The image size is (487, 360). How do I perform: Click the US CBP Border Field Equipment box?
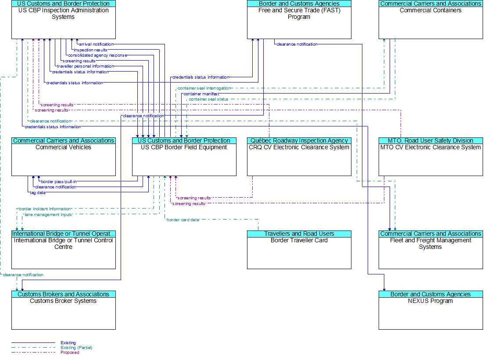pos(184,157)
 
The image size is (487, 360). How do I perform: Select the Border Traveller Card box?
pos(299,250)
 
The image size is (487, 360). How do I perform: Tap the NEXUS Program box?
pos(431,310)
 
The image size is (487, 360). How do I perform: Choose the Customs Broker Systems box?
pos(64,310)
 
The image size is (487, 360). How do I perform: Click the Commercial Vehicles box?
pos(64,157)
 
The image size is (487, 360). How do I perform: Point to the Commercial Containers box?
pos(431,20)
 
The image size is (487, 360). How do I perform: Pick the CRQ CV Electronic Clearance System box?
pos(299,157)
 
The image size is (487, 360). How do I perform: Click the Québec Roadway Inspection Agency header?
pos(299,141)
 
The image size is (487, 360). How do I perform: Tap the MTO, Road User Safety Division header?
pos(431,141)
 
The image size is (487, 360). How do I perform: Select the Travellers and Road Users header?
pos(299,234)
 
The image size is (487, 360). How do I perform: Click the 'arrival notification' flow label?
pos(96,44)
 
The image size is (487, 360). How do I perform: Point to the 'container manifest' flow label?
pos(201,94)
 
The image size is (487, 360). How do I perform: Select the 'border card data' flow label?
pos(183,220)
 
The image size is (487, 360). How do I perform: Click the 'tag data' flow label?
pos(38,193)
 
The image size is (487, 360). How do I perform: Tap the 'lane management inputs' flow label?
pos(48,215)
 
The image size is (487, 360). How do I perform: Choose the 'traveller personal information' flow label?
pos(86,66)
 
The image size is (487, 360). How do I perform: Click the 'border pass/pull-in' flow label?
pos(59,182)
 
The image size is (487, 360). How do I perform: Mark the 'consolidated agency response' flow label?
pos(97,55)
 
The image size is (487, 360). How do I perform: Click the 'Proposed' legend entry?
pos(70,353)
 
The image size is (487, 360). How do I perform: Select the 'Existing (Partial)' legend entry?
pos(76,348)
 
